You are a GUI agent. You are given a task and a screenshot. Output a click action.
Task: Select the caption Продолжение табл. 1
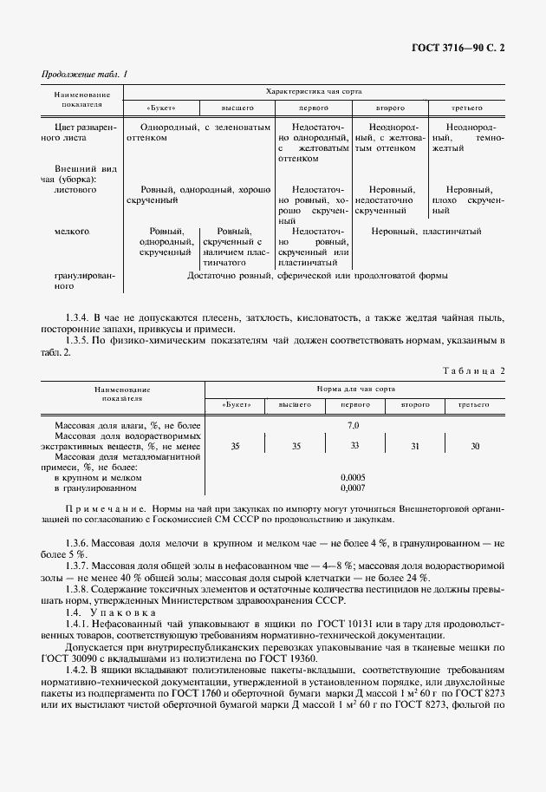click(x=84, y=74)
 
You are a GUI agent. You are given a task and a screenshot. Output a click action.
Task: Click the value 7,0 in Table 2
click(x=353, y=426)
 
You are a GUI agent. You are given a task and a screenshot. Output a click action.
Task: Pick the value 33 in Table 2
click(x=354, y=446)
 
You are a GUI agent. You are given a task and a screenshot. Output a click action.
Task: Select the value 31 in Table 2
click(x=413, y=446)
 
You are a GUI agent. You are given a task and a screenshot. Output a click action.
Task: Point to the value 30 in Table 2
click(x=474, y=446)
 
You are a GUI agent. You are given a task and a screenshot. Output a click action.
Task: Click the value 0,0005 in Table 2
click(x=353, y=477)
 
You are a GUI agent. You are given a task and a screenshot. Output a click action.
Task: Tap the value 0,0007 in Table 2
click(x=353, y=488)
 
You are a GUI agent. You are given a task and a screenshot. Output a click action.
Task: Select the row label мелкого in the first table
click(x=72, y=232)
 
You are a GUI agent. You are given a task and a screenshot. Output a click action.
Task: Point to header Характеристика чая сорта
click(x=314, y=91)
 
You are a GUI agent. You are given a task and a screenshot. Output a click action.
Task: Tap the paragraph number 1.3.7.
click(x=79, y=564)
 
